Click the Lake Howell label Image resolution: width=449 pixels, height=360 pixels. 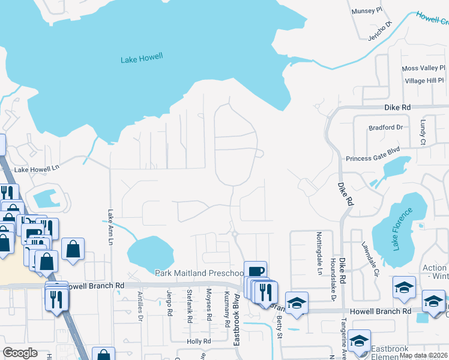coord(142,59)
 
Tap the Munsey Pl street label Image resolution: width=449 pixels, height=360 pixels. coord(366,11)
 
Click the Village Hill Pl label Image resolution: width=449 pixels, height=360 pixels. coord(424,80)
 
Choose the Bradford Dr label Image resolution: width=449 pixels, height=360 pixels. coord(386,127)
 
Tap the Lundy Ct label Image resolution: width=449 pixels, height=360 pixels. coord(423,132)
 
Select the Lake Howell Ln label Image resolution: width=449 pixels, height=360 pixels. coord(37,170)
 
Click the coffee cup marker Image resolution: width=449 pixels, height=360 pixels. coord(256,271)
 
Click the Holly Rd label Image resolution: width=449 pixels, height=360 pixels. coord(199,341)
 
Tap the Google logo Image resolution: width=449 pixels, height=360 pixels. coord(20,353)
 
